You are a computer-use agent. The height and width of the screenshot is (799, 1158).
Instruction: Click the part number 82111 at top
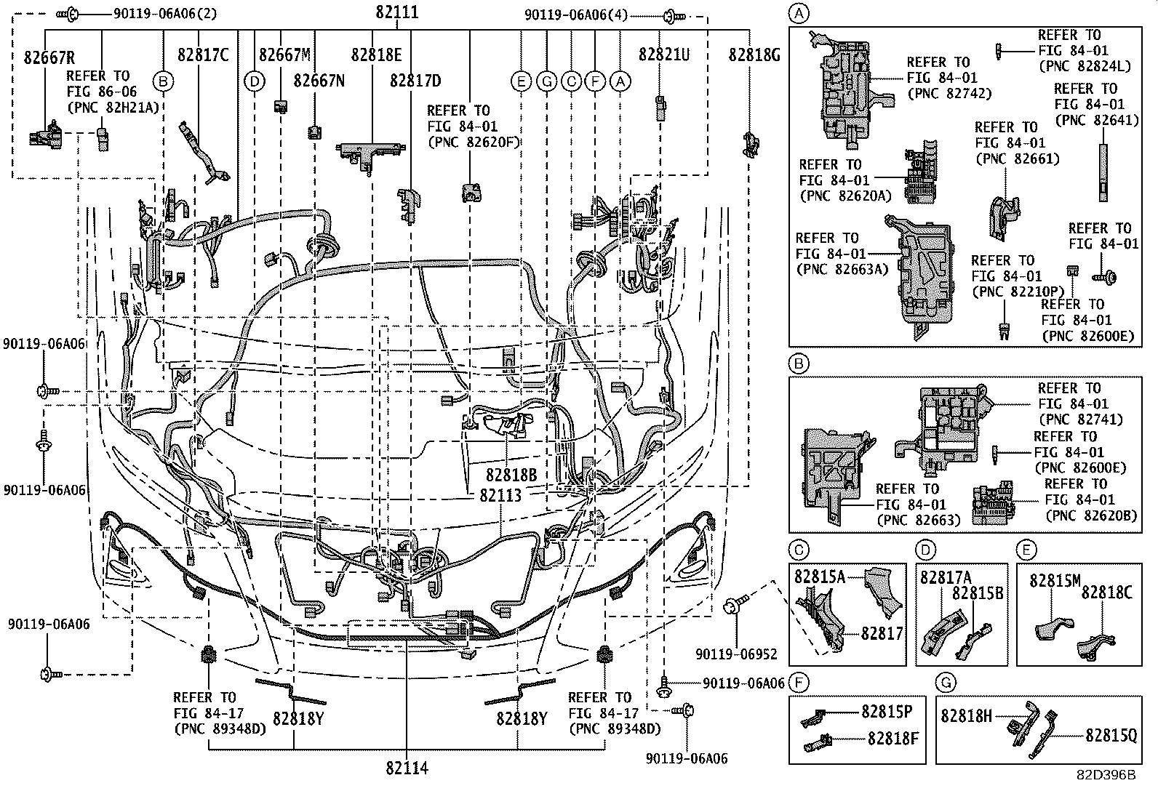pyautogui.click(x=397, y=13)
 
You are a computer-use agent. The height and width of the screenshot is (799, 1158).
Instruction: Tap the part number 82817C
pyautogui.click(x=203, y=55)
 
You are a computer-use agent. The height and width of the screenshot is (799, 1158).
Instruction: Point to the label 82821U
pyautogui.click(x=663, y=55)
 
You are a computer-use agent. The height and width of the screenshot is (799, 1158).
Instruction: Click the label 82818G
pyautogui.click(x=754, y=55)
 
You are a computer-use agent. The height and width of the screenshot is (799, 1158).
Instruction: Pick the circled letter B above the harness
pyautogui.click(x=163, y=81)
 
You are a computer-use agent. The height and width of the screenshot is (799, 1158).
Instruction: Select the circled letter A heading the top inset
pyautogui.click(x=799, y=12)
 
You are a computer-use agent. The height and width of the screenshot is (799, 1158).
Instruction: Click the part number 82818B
pyautogui.click(x=511, y=475)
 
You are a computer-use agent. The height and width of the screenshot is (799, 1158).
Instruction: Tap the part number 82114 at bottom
pyautogui.click(x=407, y=768)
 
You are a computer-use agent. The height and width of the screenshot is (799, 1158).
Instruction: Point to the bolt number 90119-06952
pyautogui.click(x=736, y=654)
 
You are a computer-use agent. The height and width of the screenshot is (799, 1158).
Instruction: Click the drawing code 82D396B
pyautogui.click(x=1106, y=775)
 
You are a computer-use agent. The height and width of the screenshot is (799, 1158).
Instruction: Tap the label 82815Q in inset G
pyautogui.click(x=1111, y=736)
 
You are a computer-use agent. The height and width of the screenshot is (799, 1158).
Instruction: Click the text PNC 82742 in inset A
pyautogui.click(x=949, y=94)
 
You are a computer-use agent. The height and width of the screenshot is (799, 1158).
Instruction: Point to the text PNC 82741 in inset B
pyautogui.click(x=1080, y=419)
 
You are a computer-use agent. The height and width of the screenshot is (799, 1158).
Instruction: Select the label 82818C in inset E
pyautogui.click(x=1106, y=593)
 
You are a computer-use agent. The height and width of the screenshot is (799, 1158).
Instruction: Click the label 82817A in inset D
pyautogui.click(x=946, y=577)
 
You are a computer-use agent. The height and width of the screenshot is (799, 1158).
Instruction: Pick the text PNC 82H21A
pyautogui.click(x=113, y=108)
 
